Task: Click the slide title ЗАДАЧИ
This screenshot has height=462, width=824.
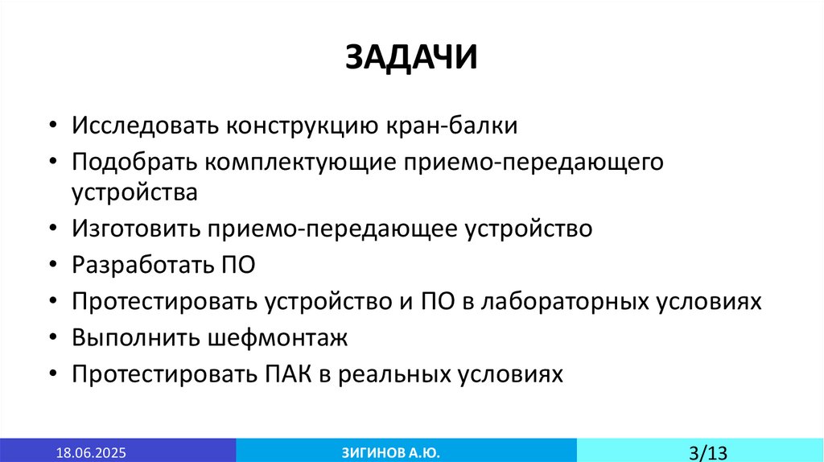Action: pos(411,57)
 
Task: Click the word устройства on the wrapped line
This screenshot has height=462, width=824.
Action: pos(134,194)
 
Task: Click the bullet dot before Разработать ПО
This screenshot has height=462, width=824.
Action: pos(52,265)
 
